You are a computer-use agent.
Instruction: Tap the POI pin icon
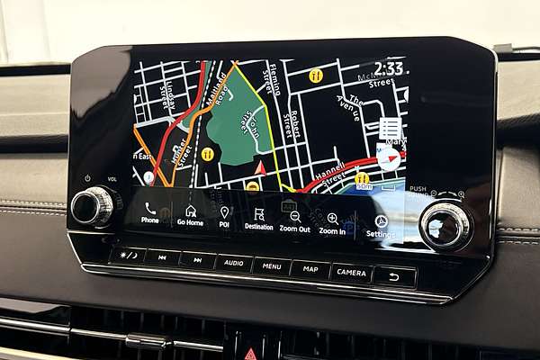(224, 213)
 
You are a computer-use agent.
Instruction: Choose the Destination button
(259, 216)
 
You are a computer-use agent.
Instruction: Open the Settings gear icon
(381, 222)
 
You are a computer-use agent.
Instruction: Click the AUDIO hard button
(232, 263)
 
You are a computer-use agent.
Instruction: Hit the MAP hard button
(310, 268)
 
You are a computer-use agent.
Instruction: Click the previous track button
(162, 257)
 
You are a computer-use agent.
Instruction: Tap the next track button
(197, 260)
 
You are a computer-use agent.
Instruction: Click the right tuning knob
(445, 225)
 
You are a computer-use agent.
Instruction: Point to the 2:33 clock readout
(389, 68)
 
